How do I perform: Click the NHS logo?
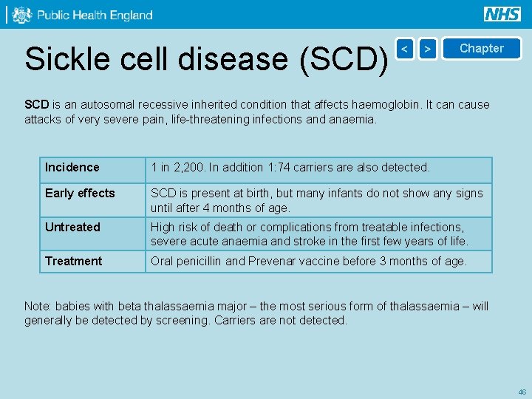tap(502, 14)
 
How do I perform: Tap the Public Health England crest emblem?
tap(22, 15)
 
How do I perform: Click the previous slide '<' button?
tap(404, 49)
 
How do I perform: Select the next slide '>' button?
tap(427, 49)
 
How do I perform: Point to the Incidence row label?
tap(72, 168)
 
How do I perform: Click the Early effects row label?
tap(80, 194)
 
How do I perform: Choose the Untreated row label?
tap(72, 228)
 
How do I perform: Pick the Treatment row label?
tap(73, 262)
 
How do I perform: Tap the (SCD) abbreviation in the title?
tap(344, 59)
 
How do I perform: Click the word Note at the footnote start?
tap(37, 307)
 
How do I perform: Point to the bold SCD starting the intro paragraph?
tap(36, 105)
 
